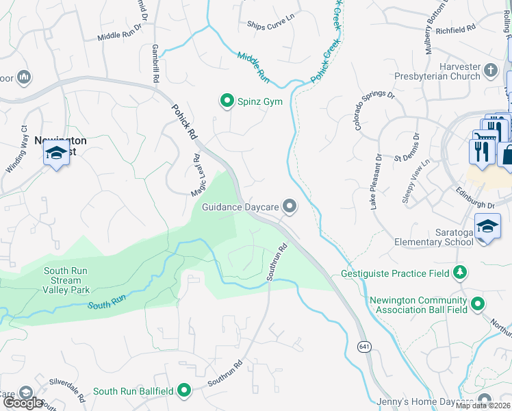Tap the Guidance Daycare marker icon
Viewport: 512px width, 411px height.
click(x=290, y=206)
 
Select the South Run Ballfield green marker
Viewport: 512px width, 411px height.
click(x=183, y=390)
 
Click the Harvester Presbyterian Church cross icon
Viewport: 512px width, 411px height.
click(x=490, y=70)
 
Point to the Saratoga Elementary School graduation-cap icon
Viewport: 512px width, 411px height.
click(x=487, y=227)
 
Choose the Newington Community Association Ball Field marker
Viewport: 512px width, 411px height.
click(x=478, y=303)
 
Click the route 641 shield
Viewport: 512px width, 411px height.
click(x=363, y=347)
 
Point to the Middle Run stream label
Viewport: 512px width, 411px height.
click(x=253, y=68)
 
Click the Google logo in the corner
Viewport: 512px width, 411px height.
click(x=23, y=403)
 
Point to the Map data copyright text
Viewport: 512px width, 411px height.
click(x=483, y=406)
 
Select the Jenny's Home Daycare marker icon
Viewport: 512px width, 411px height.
click(x=485, y=401)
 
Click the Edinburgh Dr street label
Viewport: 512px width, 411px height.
click(x=472, y=205)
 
